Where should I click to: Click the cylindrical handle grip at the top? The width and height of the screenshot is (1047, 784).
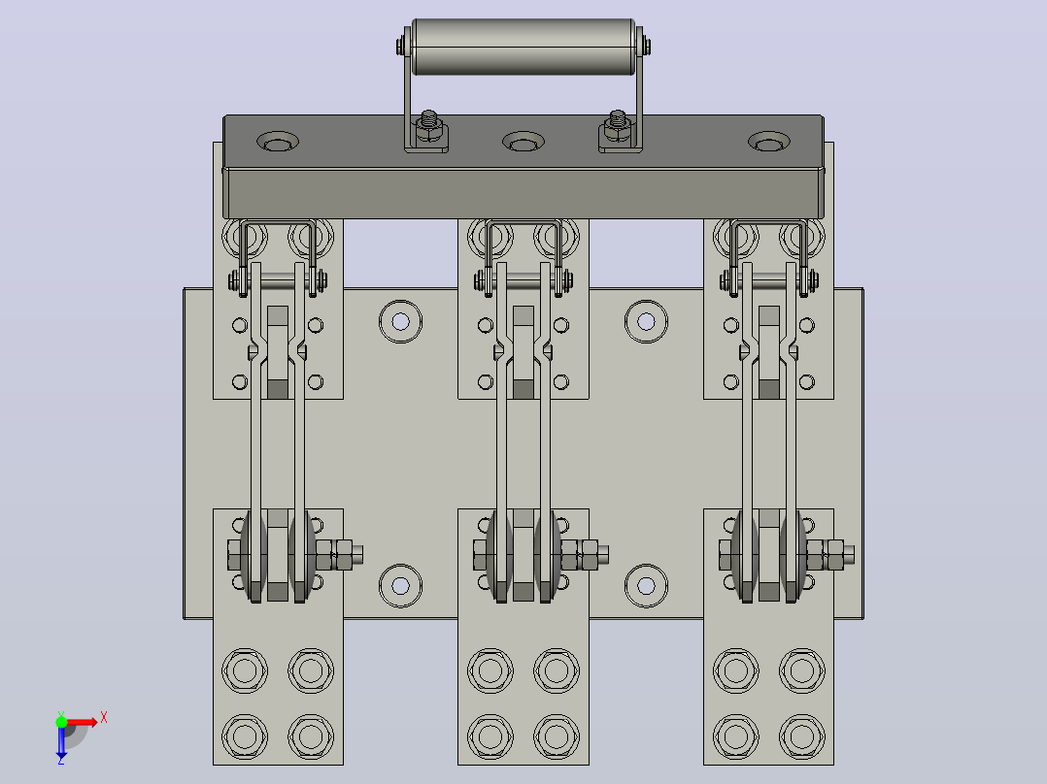[x=523, y=47]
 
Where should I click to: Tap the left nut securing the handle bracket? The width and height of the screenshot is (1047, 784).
[x=429, y=129]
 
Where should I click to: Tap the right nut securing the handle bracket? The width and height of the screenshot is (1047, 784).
[x=617, y=129]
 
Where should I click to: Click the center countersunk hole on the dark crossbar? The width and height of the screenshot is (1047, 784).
[x=523, y=142]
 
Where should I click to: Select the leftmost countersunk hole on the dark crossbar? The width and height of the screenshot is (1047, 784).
[x=278, y=142]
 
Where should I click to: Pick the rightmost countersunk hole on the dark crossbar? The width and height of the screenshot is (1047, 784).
[x=768, y=142]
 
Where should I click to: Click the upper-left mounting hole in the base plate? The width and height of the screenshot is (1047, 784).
[x=400, y=321]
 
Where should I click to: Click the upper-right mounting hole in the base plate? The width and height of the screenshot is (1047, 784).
[x=646, y=321]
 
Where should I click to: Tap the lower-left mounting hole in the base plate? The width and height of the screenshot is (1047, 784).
[x=400, y=586]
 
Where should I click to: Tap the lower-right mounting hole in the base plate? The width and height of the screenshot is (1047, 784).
[x=646, y=586]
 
